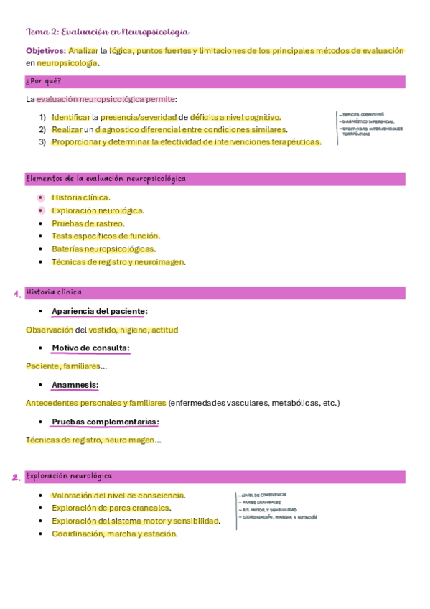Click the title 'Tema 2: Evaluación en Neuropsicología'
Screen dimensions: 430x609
107,32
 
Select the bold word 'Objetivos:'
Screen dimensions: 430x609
45,51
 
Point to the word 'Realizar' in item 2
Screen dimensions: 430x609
66,129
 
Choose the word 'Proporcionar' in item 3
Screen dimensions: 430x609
75,141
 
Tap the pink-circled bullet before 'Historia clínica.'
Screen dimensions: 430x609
41,197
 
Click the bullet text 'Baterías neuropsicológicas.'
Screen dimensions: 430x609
103,249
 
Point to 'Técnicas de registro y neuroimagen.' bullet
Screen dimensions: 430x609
118,262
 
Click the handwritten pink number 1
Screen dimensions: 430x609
17,294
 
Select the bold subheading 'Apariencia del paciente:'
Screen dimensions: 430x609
99,311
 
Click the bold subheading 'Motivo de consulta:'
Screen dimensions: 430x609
90,348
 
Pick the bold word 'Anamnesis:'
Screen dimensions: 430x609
75,385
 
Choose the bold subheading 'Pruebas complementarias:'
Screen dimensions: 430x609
105,422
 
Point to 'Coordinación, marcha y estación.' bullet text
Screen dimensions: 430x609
114,534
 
